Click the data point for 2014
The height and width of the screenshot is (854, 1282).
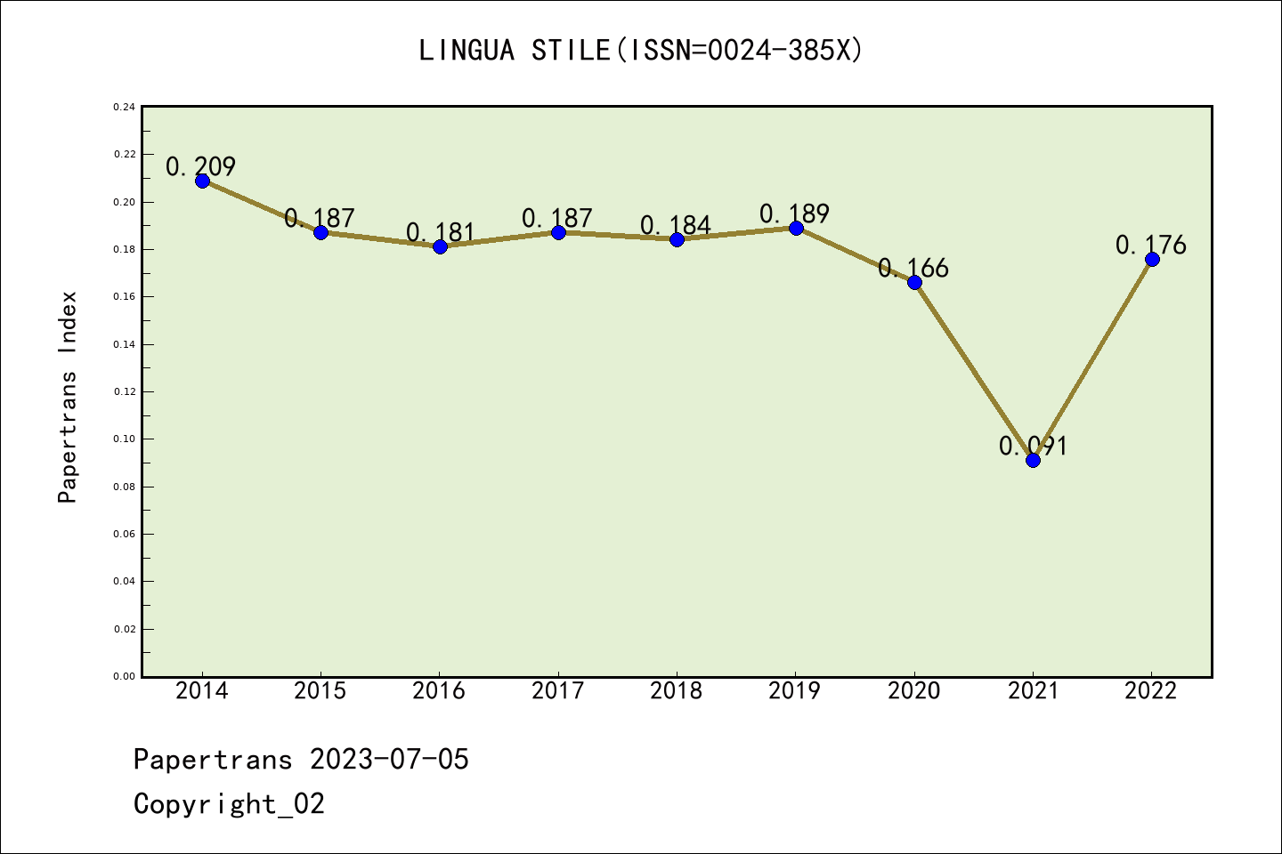coord(202,181)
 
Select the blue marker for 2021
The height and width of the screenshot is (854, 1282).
coord(1033,460)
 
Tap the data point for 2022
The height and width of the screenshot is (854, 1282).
coord(1152,259)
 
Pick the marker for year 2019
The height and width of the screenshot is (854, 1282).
coord(796,228)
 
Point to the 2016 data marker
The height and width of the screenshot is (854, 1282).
coord(440,246)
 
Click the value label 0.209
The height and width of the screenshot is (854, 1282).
coord(201,166)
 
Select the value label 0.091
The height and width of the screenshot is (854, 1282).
coord(1033,446)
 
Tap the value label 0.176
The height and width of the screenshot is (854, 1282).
coord(1151,245)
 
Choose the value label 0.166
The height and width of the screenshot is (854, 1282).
coord(913,268)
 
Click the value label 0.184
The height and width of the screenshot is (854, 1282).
coord(676,225)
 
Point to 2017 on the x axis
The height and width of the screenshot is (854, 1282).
coord(558,690)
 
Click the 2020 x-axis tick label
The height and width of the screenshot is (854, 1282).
coord(914,690)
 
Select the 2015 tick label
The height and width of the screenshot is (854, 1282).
coord(320,690)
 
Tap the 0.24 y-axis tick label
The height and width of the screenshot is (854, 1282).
coord(125,107)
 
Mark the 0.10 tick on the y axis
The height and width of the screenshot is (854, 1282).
coord(125,439)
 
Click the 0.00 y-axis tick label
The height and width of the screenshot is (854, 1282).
coord(125,676)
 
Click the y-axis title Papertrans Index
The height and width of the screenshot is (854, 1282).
coord(68,397)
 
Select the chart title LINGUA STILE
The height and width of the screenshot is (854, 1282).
coord(515,51)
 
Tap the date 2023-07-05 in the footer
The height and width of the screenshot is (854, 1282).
coord(389,760)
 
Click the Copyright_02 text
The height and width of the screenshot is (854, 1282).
coord(229,804)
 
